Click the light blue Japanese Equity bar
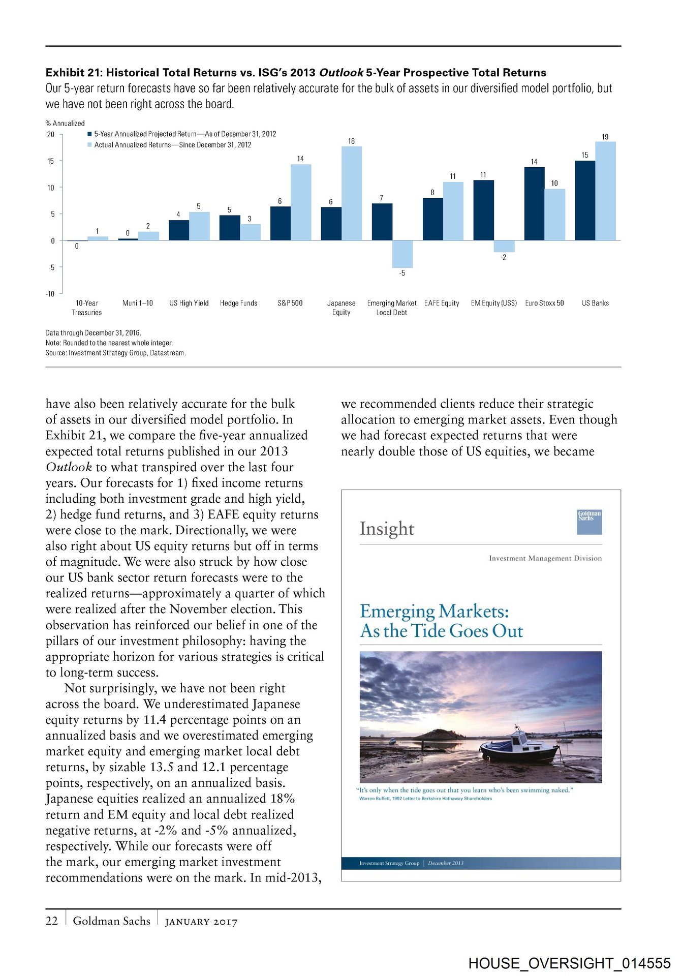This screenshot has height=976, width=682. point(351,193)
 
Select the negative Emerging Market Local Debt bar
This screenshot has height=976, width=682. point(402,254)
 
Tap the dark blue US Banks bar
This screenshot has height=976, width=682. point(584,200)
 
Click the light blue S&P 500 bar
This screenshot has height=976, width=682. point(300,202)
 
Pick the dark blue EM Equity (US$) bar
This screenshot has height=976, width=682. point(483,210)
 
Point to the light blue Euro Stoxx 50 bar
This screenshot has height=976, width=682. point(554,215)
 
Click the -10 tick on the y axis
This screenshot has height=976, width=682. point(50,294)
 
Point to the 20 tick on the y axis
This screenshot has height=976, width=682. point(51,135)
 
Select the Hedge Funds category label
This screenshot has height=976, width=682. point(238,303)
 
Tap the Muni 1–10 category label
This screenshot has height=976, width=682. point(137,303)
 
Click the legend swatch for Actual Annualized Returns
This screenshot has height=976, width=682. point(89,145)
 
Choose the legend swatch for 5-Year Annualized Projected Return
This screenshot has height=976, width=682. point(89,134)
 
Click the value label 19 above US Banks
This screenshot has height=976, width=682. point(605,137)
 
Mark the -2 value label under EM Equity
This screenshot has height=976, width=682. point(503,258)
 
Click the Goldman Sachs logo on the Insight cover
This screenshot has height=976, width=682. point(589,522)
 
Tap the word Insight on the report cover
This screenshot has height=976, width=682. point(387,529)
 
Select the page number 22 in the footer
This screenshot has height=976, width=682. point(52,921)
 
